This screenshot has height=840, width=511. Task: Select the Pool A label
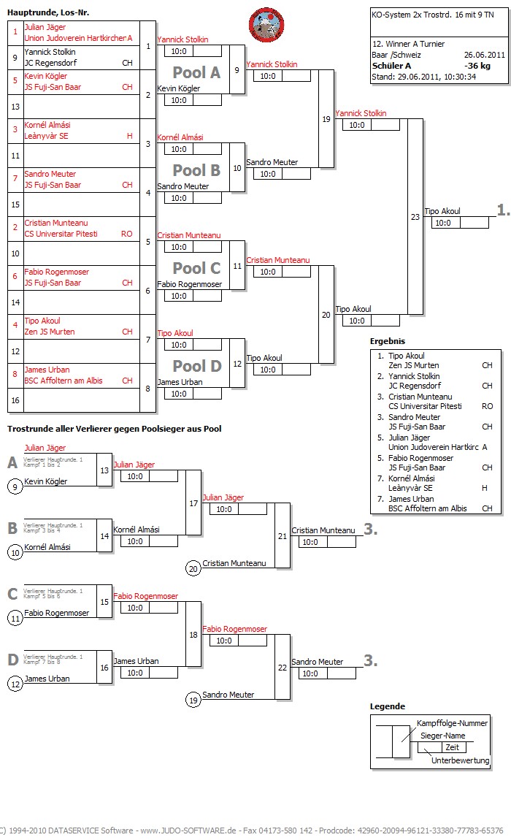pyautogui.click(x=196, y=72)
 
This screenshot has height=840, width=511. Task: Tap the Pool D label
pyautogui.click(x=196, y=366)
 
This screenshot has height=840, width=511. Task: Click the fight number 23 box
pyautogui.click(x=415, y=216)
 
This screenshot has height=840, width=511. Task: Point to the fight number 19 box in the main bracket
pyautogui.click(x=326, y=118)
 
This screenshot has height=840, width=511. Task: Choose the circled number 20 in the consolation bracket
pyautogui.click(x=193, y=568)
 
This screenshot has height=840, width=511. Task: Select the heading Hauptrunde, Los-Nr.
pyautogui.click(x=48, y=12)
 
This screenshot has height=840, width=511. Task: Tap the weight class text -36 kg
pyautogui.click(x=477, y=65)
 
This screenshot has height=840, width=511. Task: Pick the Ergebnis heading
pyautogui.click(x=387, y=341)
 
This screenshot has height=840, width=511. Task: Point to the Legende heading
pyautogui.click(x=388, y=706)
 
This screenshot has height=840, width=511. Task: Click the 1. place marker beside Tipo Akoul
pyautogui.click(x=503, y=210)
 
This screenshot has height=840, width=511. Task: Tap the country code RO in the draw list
pyautogui.click(x=126, y=234)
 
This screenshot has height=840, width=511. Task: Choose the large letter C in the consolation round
pyautogui.click(x=12, y=594)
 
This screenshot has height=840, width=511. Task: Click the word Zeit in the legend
pyautogui.click(x=453, y=747)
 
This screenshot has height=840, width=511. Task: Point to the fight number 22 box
pyautogui.click(x=283, y=667)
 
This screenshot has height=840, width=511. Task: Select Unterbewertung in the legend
pyautogui.click(x=460, y=760)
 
